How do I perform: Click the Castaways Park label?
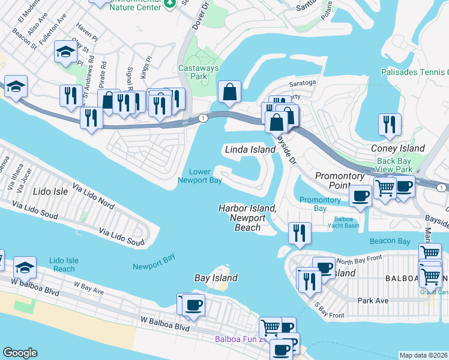(x=199, y=73)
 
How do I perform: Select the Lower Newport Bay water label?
(x=200, y=176)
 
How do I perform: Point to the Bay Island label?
(x=216, y=278)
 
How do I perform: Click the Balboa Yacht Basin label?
(x=345, y=223)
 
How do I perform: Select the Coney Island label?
(x=397, y=148)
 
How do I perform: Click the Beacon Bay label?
(x=390, y=241)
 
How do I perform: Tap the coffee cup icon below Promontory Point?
(x=361, y=196)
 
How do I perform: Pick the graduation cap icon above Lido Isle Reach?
(x=25, y=267)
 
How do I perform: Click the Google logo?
(x=19, y=353)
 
